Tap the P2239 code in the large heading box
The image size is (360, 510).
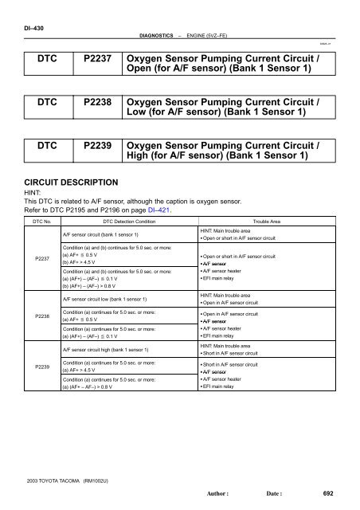click(96, 150)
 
